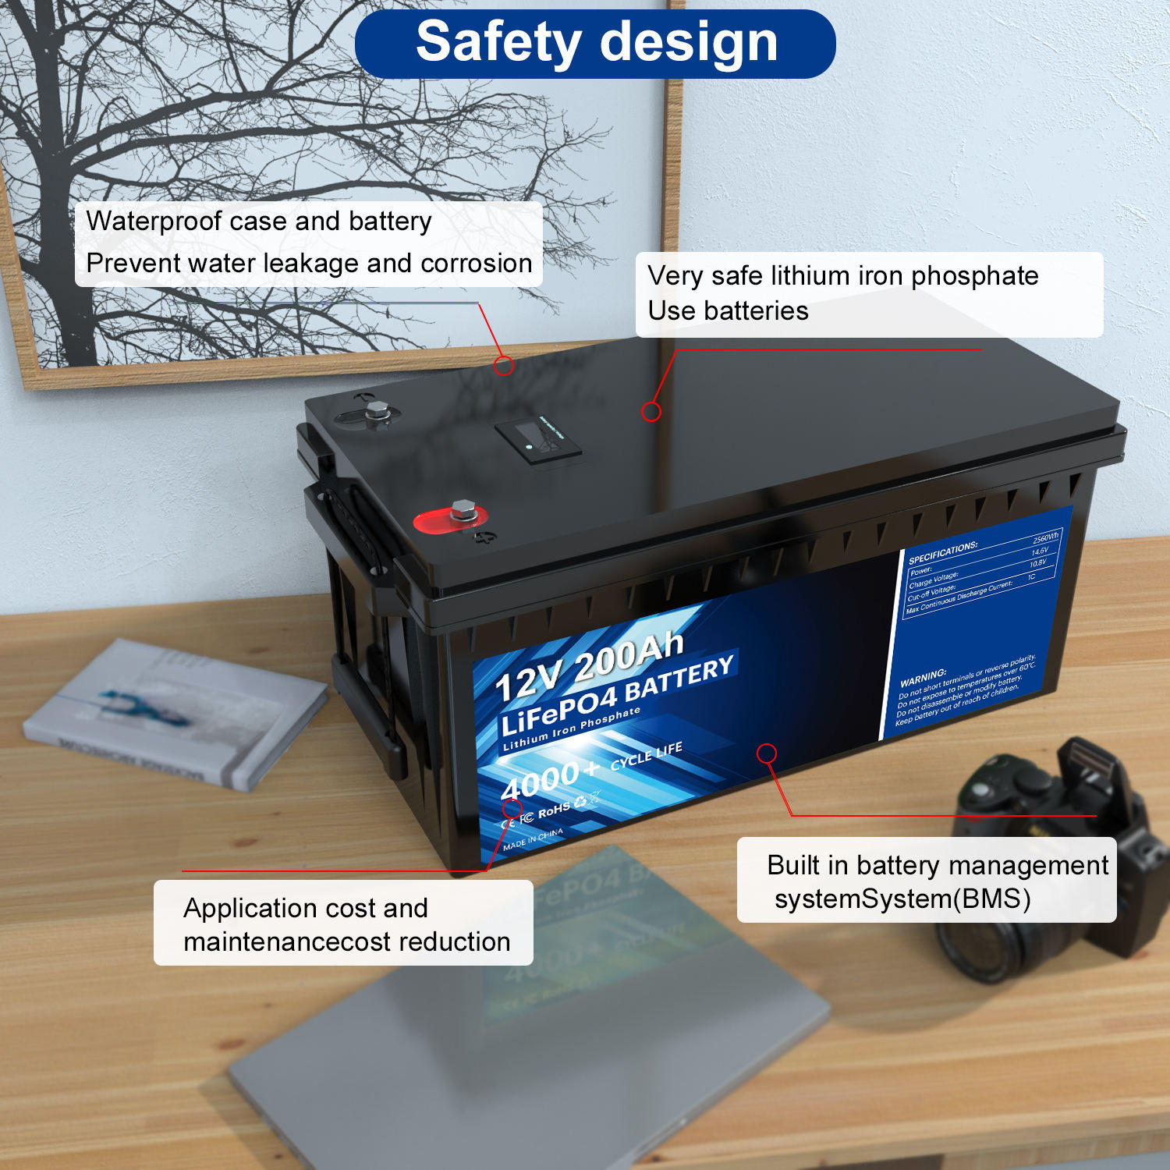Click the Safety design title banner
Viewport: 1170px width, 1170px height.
point(595,43)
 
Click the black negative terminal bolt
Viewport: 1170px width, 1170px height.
point(377,413)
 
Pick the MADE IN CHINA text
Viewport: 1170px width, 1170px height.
point(533,839)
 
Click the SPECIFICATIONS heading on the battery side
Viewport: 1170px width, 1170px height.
point(942,552)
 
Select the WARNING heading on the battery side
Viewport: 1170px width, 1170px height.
point(923,677)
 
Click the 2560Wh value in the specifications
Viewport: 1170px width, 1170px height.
point(1045,538)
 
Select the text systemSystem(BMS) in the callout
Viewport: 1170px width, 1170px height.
point(902,899)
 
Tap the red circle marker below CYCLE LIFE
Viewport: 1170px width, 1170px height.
point(767,753)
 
